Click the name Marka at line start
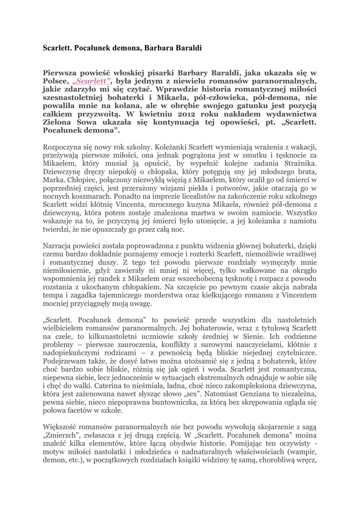pos(54,181)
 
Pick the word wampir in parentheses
pos(301,451)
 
